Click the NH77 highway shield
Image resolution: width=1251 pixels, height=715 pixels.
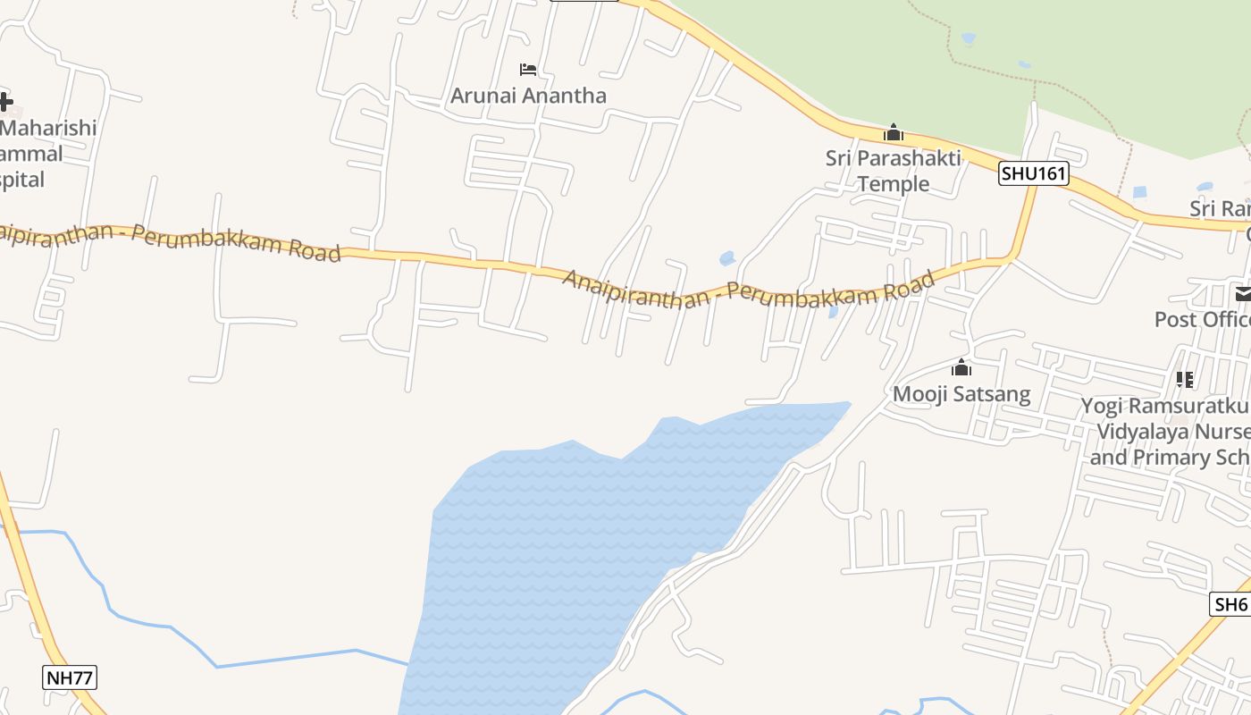70,677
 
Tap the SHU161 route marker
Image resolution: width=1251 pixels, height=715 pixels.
1033,173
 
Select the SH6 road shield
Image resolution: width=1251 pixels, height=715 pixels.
1230,604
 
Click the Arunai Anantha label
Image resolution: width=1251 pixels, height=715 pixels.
528,96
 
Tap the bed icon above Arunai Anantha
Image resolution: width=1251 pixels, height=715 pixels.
528,70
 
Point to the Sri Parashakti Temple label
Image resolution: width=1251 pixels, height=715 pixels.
893,171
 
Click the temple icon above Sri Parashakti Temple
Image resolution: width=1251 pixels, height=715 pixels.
893,133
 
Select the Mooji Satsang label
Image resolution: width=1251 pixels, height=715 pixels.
961,394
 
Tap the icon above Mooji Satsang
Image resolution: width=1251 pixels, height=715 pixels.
961,367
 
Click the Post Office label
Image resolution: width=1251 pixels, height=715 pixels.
1202,319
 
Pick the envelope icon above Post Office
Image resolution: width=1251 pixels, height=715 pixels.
1243,293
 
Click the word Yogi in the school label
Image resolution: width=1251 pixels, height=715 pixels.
1102,407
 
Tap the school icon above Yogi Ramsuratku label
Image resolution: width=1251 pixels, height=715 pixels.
1185,380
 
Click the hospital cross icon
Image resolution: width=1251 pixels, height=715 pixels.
5,101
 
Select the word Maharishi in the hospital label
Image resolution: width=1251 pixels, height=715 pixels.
49,128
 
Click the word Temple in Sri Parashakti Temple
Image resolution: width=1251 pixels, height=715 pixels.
894,184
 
